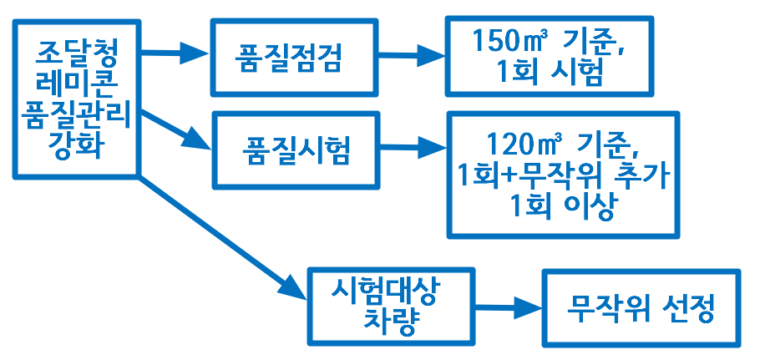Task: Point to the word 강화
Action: [77, 145]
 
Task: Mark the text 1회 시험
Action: [550, 72]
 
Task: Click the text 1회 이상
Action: [562, 208]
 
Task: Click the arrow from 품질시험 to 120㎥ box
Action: [413, 146]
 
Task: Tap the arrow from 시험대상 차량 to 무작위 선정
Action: [509, 307]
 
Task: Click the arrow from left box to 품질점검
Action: [175, 52]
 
